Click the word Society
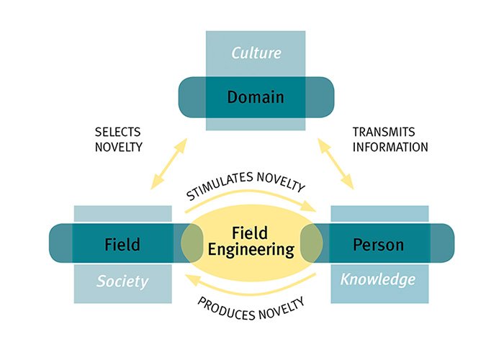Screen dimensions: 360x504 [122, 280]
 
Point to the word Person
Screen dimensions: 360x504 [378, 244]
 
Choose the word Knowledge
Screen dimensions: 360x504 [378, 279]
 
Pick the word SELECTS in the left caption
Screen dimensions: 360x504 [117, 132]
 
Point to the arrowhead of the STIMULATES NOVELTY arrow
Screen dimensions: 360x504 [312, 208]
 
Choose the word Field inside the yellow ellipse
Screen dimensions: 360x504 [249, 233]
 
